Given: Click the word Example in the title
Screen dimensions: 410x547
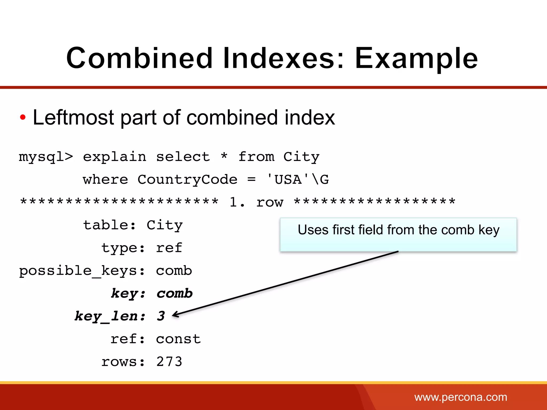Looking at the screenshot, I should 416,58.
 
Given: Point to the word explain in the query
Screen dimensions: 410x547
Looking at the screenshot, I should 115,157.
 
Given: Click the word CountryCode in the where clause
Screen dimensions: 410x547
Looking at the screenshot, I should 187,179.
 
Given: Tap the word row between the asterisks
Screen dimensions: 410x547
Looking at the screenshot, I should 270,202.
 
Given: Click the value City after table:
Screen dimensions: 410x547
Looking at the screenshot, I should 165,225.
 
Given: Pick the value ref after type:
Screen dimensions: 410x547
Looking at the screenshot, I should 169,248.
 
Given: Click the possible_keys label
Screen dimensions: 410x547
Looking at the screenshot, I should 82,271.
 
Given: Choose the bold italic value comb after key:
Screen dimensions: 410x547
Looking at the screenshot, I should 174,293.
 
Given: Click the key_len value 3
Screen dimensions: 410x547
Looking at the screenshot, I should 161,316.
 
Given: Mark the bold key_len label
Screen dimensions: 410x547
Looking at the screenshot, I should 110,316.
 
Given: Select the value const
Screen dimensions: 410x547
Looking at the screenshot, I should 178,339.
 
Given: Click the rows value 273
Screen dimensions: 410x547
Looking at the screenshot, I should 169,362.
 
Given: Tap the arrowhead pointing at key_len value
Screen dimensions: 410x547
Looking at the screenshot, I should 175,315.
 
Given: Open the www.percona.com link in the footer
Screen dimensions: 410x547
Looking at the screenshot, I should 460,397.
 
